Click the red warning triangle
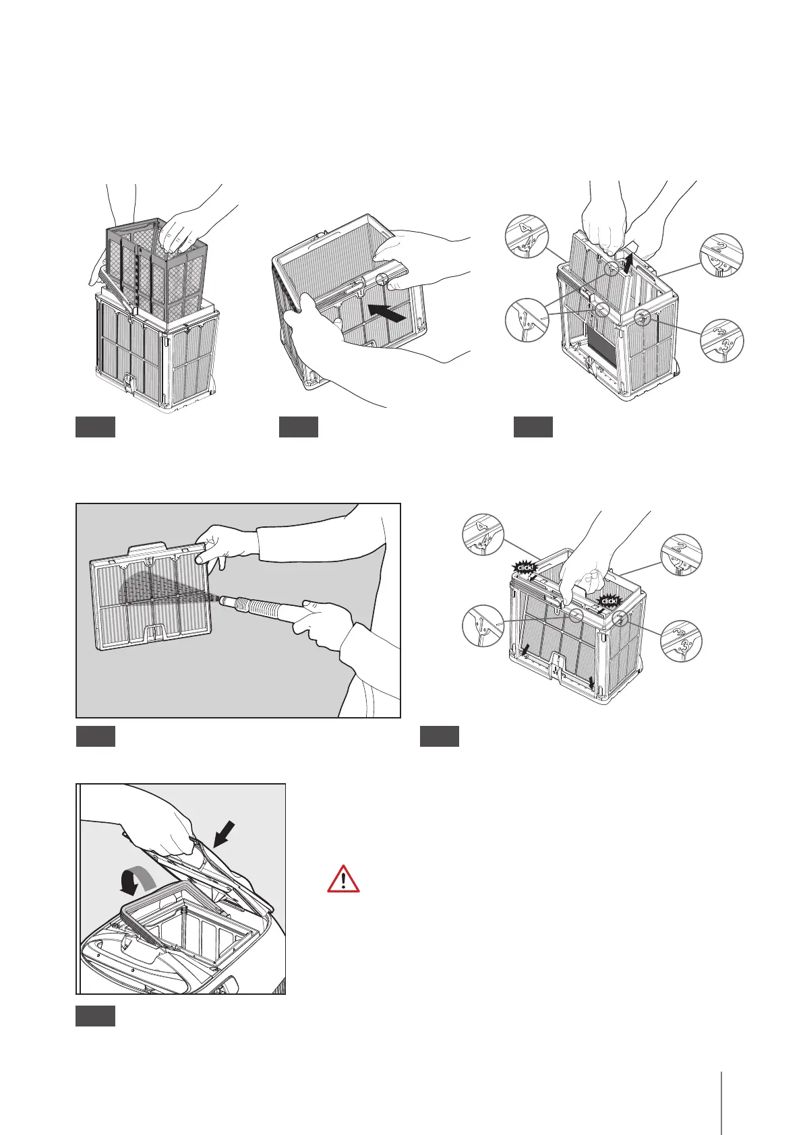click(343, 880)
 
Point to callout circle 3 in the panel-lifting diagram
click(721, 342)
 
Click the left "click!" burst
click(525, 567)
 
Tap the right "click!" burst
click(609, 601)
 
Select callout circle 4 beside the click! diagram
click(483, 533)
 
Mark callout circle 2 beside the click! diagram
click(680, 555)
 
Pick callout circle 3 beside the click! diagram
click(681, 640)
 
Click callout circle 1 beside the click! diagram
click(483, 625)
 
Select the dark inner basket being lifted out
click(152, 270)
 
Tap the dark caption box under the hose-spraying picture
click(95, 736)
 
